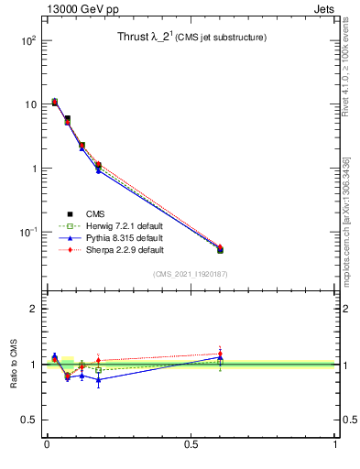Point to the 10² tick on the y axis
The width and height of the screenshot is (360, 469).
pos(27,41)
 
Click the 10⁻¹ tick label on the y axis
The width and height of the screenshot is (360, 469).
pos(26,233)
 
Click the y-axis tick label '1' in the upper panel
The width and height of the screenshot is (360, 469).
pos(32,169)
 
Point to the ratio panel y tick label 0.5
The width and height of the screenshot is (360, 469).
pos(27,420)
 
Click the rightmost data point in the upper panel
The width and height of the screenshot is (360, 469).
pos(220,249)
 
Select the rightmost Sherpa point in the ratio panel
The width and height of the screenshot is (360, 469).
pos(220,354)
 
